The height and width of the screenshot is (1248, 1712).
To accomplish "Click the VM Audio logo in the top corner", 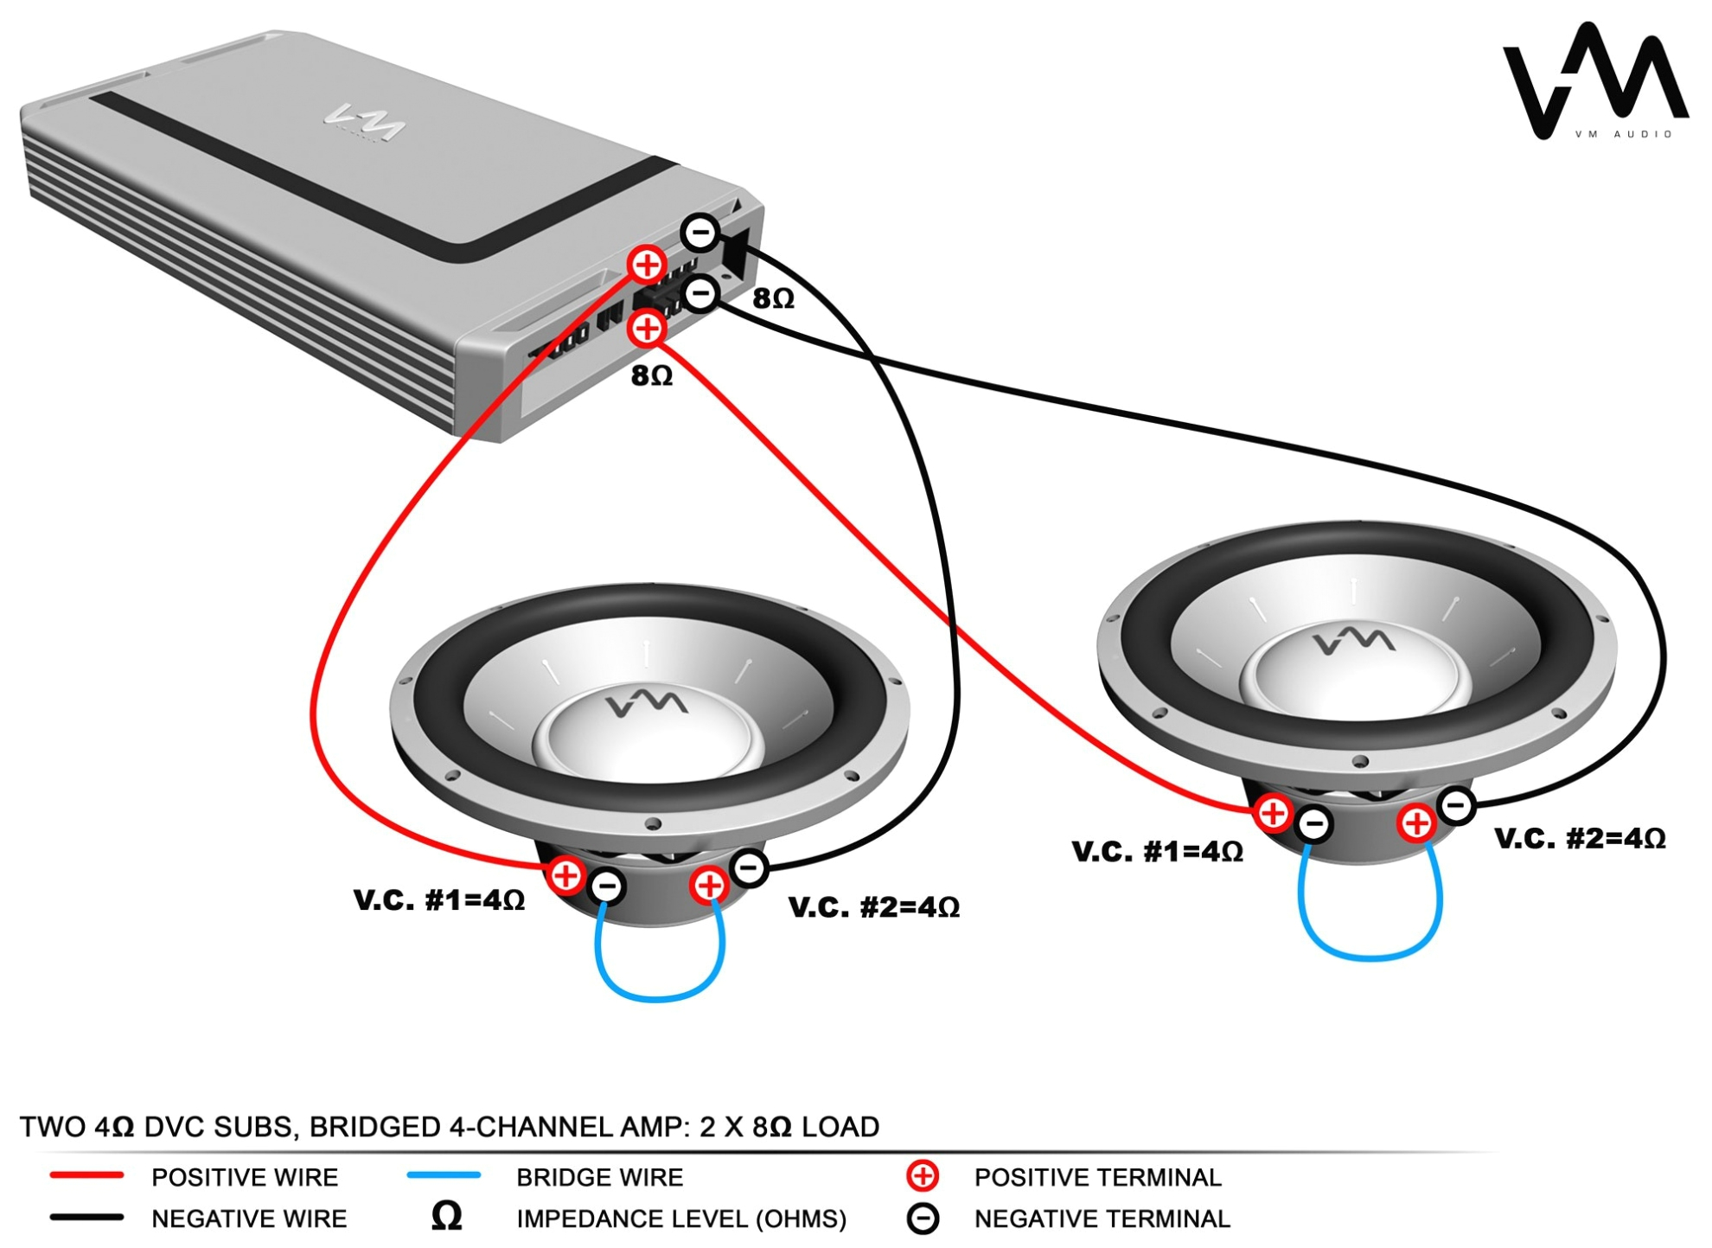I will click(x=1595, y=82).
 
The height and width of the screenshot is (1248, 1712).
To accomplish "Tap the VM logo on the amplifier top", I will click(x=364, y=124).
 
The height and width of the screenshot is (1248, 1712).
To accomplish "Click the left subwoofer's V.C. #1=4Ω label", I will click(x=439, y=900).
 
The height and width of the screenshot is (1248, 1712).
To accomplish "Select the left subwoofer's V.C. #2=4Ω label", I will click(x=873, y=907).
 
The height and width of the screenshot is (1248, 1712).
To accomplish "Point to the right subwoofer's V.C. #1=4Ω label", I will click(x=1157, y=852).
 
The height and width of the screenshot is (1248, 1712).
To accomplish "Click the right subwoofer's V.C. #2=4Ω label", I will click(x=1579, y=838).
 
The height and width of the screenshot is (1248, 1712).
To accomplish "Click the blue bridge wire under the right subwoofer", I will click(x=1370, y=957).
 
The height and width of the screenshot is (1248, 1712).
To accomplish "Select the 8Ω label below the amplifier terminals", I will click(x=651, y=375).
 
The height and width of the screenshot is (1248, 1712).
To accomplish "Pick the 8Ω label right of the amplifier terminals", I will click(x=772, y=298).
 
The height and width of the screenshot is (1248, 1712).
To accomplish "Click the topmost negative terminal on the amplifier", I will click(x=699, y=232).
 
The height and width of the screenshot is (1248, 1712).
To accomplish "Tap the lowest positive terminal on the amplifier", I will click(x=647, y=329).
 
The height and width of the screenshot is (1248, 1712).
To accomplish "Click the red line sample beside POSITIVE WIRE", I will click(x=86, y=1175).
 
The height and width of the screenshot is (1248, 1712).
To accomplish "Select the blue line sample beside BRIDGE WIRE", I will click(x=444, y=1175).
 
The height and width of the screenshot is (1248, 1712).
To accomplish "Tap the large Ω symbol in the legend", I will click(x=446, y=1217).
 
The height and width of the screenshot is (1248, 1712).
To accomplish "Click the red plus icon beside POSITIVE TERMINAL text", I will click(x=922, y=1176).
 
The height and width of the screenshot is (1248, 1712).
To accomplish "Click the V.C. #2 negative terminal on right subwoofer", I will click(x=1456, y=806).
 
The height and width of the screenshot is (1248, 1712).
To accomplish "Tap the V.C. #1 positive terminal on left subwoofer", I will click(x=565, y=875).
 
